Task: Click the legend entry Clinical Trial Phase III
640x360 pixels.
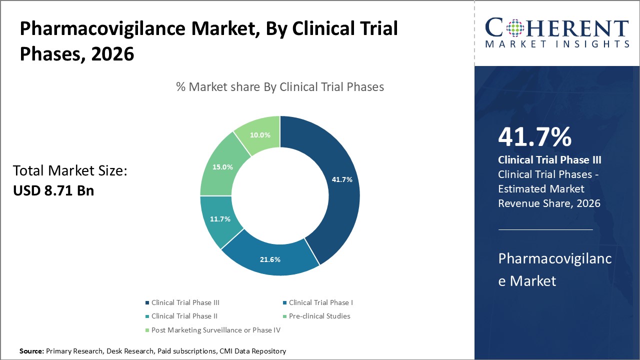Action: (x=185, y=302)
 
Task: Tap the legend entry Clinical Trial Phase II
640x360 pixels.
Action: (x=184, y=316)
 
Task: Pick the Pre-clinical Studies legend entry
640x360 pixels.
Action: (x=319, y=316)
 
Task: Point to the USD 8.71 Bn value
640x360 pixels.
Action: (x=53, y=190)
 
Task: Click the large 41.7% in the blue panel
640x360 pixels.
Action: (x=534, y=136)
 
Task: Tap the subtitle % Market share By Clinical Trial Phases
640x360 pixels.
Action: (x=280, y=87)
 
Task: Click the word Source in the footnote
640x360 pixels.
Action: (x=31, y=351)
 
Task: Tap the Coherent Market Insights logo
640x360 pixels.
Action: (x=557, y=32)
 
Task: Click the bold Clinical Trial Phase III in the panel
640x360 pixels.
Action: (x=549, y=160)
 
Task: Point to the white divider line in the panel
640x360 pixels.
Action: (x=545, y=229)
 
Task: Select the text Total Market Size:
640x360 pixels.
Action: (x=70, y=171)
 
